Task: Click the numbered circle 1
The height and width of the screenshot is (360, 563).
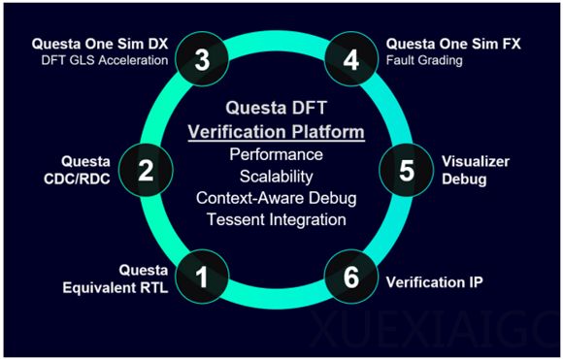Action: tap(202, 278)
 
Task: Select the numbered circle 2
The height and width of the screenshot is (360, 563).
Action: tap(147, 172)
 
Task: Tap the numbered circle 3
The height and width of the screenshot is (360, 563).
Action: tap(202, 59)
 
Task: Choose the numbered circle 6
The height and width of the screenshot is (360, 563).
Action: tap(351, 278)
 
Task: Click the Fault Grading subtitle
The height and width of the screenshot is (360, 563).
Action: tap(423, 61)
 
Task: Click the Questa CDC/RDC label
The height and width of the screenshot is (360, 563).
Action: tap(85, 171)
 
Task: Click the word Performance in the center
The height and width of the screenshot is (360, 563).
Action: tap(277, 155)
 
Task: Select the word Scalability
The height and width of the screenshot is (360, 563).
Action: tap(277, 177)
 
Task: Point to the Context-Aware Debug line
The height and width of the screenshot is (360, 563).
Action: tap(277, 198)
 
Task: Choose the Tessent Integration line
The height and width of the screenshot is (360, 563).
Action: tap(277, 219)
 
